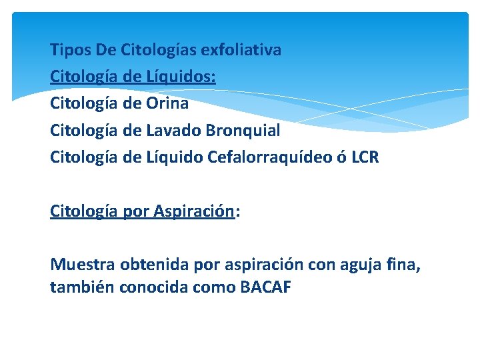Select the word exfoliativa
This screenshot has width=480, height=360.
point(241,50)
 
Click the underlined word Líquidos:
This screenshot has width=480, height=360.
point(181,77)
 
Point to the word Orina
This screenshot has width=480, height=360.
point(167,103)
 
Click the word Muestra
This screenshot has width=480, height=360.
point(83,265)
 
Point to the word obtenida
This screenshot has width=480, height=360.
point(155,265)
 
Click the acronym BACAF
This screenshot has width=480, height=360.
point(265,289)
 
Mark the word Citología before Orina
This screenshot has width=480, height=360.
point(85,103)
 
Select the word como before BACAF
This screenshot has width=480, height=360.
point(215,289)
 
